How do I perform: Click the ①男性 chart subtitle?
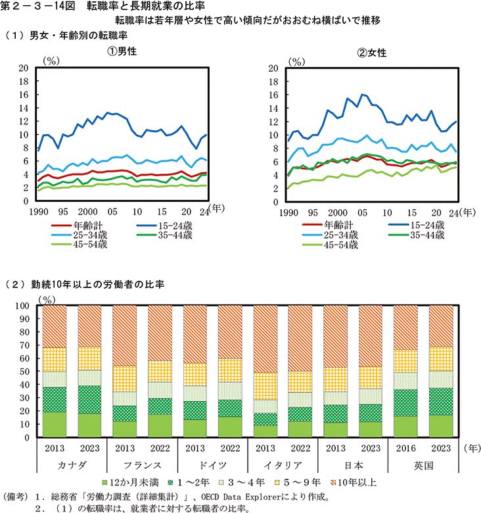coord(122,52)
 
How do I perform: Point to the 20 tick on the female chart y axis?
coord(274,68)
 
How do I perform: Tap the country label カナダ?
coord(72,465)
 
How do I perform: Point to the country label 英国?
coord(424,465)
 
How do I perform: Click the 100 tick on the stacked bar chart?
coord(30,306)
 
